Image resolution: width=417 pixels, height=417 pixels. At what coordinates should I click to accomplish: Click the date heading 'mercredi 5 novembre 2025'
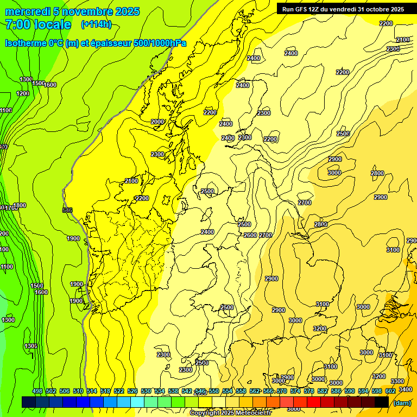tap(72, 11)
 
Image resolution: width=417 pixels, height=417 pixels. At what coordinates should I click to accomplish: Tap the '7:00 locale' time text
tap(38, 24)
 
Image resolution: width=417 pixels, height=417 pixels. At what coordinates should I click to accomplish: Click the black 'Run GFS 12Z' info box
tap(343, 9)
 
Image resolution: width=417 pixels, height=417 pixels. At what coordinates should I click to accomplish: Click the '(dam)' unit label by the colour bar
tap(401, 402)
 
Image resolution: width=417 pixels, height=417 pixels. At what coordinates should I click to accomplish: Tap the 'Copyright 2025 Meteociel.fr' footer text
tap(230, 413)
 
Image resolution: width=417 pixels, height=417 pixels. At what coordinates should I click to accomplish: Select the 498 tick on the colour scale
tap(37, 391)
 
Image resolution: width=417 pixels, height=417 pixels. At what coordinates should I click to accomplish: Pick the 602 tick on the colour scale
tap(390, 391)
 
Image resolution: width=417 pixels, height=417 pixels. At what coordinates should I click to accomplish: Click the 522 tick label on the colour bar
tap(119, 391)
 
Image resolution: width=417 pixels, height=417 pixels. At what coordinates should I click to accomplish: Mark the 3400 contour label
tap(405, 389)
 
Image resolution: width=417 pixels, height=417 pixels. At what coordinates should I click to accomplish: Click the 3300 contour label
tap(397, 381)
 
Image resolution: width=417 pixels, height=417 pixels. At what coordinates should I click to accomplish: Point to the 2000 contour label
tap(157, 122)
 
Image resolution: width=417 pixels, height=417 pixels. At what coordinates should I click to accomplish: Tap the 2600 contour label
tap(250, 235)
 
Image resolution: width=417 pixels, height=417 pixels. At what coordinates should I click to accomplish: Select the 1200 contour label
tap(23, 93)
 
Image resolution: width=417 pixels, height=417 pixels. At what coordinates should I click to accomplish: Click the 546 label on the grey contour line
tap(67, 210)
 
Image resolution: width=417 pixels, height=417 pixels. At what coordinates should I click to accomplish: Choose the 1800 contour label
tap(20, 205)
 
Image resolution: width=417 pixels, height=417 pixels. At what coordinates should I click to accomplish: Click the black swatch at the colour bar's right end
tap(382, 402)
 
